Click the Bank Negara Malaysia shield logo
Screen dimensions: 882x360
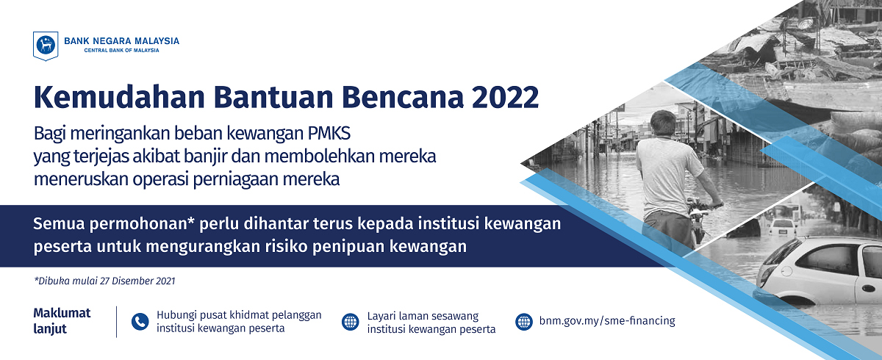(46, 46)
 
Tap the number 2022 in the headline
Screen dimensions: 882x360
(505, 97)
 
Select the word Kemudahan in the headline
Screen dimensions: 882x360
(119, 97)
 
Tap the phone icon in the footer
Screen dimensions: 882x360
(140, 322)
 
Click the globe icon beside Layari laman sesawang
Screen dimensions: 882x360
(350, 322)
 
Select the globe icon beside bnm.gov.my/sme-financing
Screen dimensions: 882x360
(523, 322)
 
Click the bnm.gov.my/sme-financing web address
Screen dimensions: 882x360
(607, 321)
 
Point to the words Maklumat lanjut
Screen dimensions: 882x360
(62, 321)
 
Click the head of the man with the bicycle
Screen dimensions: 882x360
(663, 123)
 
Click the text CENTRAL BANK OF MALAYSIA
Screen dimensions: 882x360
(122, 51)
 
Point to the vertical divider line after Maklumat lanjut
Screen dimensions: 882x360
(117, 322)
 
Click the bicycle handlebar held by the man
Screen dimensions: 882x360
(705, 206)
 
